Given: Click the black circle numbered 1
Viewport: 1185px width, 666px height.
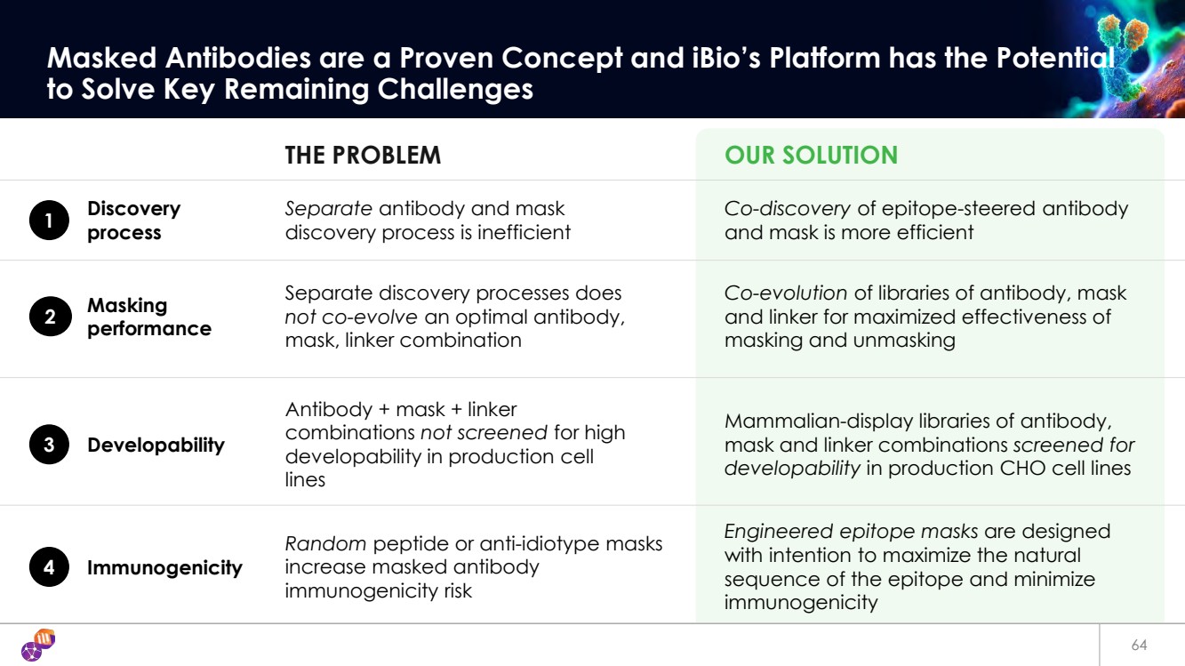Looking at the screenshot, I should (x=49, y=221).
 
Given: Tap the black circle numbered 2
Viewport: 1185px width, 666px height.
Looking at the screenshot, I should (x=49, y=317).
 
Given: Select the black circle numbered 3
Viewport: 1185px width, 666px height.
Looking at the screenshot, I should (x=49, y=445).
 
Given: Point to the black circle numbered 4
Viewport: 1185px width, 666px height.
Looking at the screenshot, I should (x=49, y=568).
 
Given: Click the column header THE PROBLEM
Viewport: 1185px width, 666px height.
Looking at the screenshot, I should (x=363, y=156).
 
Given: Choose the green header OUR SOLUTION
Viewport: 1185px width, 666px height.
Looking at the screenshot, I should (x=811, y=156).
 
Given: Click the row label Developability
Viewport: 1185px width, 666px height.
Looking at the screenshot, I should (x=156, y=445).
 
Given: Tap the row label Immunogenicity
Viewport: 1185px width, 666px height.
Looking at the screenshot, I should (x=164, y=568).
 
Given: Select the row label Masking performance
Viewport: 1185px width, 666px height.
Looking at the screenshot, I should (x=148, y=317).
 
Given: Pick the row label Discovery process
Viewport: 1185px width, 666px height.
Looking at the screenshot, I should (x=133, y=221).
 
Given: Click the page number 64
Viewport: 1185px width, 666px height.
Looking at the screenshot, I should (x=1139, y=646).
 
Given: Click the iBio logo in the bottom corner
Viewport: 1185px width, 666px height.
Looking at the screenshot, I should (x=37, y=646).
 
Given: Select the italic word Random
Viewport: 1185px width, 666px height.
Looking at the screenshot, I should (x=325, y=544).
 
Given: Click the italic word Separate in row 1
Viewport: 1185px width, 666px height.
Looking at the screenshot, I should (x=328, y=209).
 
